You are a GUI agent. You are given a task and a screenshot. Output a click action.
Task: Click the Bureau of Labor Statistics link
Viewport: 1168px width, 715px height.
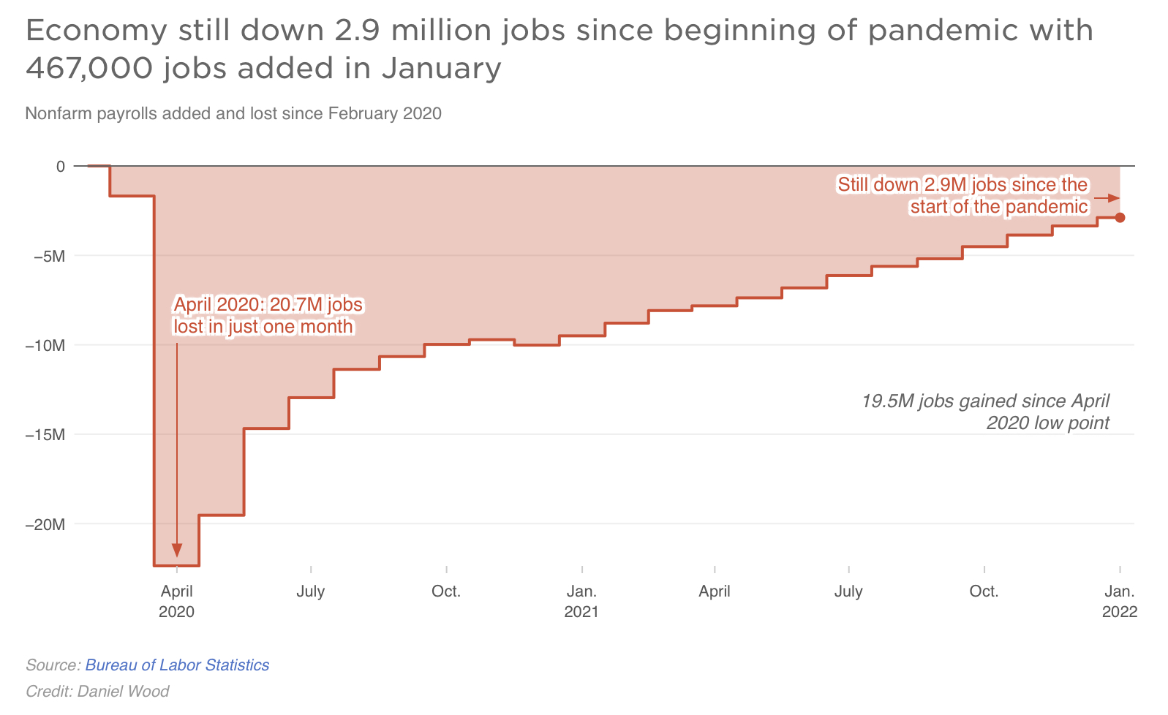point(177,665)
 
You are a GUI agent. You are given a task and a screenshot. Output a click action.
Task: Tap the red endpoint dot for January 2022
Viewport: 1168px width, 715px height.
point(1120,217)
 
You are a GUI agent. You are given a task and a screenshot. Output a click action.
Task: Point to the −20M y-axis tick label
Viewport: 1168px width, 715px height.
point(45,524)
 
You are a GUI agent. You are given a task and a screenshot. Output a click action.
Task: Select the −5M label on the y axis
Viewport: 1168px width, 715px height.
point(49,256)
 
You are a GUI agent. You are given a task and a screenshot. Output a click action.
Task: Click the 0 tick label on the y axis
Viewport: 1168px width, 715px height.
point(61,167)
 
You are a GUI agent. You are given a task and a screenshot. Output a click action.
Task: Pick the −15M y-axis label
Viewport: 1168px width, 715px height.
point(45,435)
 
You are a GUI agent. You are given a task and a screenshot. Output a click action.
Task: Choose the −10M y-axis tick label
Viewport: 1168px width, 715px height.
point(45,345)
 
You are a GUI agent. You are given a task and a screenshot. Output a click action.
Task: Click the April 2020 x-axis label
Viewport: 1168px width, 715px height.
point(176,601)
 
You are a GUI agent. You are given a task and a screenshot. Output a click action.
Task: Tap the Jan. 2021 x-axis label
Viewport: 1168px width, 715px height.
point(581,601)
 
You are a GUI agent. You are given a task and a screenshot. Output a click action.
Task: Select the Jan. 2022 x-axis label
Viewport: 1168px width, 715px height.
point(1120,601)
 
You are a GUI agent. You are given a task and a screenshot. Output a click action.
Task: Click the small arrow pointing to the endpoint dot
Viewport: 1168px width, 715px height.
point(1107,198)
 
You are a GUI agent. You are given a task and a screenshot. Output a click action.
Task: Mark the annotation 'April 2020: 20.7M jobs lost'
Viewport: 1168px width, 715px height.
point(268,315)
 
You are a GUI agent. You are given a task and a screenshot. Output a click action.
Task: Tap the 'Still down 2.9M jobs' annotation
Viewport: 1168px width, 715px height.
point(962,195)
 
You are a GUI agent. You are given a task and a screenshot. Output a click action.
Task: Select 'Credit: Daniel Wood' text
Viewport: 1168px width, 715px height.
point(97,692)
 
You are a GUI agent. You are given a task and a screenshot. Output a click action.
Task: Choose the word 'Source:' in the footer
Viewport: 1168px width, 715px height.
point(53,665)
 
